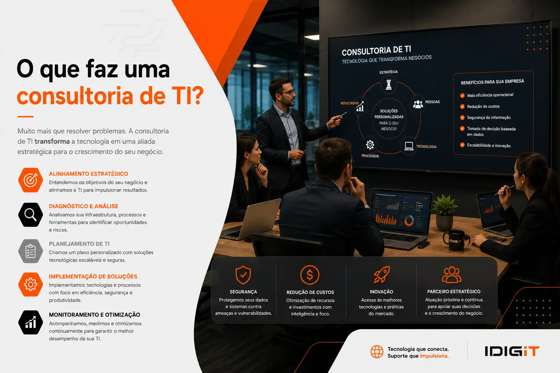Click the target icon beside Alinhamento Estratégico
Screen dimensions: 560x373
(31, 180)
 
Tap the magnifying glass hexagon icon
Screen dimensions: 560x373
(31, 215)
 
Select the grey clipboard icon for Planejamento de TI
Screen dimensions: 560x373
(31, 251)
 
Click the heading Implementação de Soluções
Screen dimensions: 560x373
(93, 276)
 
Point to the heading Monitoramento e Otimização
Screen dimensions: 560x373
(94, 315)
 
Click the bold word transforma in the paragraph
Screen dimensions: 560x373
(52, 141)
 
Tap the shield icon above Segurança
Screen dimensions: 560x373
(243, 275)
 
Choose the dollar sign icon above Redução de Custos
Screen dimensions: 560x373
(310, 275)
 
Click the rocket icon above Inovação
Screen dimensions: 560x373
(381, 275)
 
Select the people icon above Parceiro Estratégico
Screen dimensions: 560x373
(451, 275)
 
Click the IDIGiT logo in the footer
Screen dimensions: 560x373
(512, 351)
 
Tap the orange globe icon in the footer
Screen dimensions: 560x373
(377, 352)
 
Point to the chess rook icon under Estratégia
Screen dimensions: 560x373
(389, 85)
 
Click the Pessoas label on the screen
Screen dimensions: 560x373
(432, 102)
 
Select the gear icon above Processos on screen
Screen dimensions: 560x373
(370, 145)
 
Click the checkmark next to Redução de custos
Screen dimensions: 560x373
(462, 107)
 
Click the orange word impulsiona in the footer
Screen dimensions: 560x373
(434, 356)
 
